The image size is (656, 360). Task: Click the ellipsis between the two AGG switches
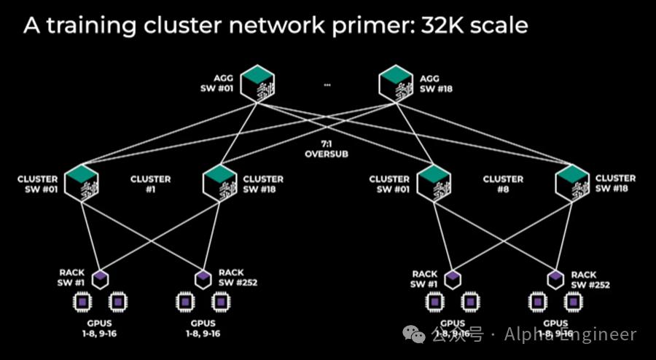(x=327, y=85)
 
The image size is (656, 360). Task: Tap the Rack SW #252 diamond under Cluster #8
(x=556, y=277)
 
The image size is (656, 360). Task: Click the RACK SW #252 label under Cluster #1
(x=238, y=278)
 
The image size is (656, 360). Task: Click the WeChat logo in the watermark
(x=416, y=334)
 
